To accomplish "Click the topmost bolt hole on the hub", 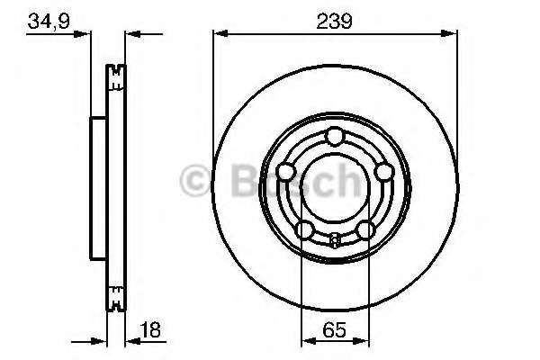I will pyautogui.click(x=334, y=137).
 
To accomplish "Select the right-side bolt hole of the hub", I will pyautogui.click(x=382, y=172).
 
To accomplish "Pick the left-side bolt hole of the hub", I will pyautogui.click(x=286, y=172).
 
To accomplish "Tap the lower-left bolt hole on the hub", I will pyautogui.click(x=304, y=230).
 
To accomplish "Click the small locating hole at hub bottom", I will pyautogui.click(x=334, y=239).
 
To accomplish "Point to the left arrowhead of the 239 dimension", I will pyautogui.click(x=218, y=33).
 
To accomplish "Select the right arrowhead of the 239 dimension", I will pyautogui.click(x=449, y=33).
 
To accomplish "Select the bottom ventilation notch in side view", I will pyautogui.click(x=114, y=294).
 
